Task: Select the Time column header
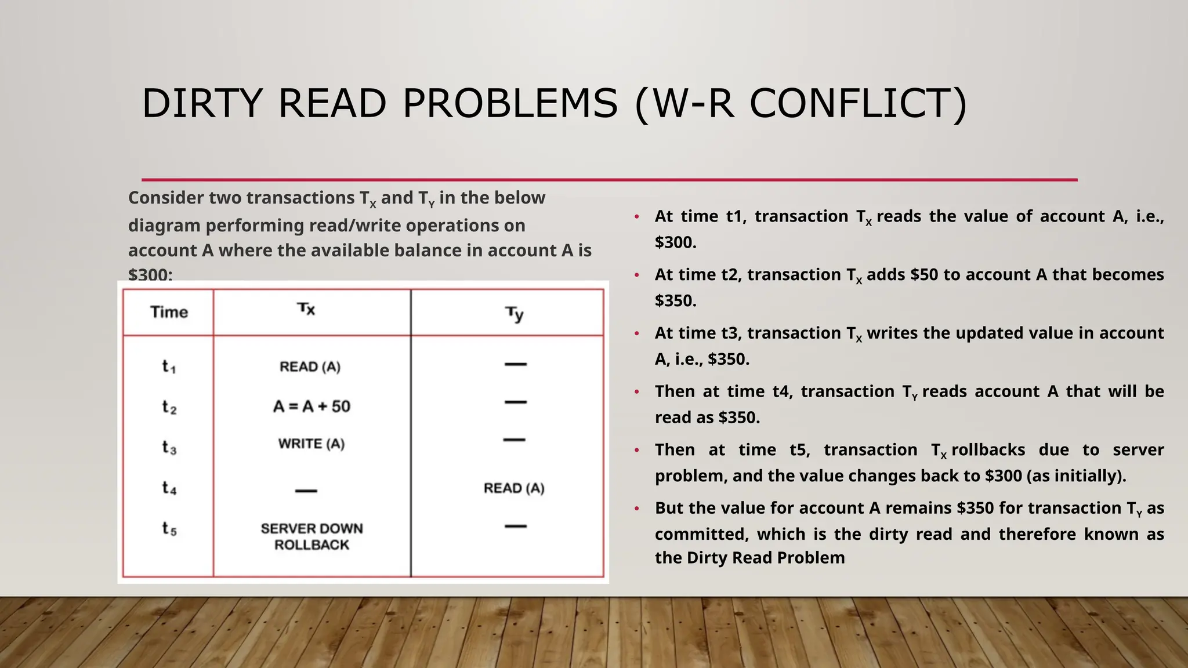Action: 169,312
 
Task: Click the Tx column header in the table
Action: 306,309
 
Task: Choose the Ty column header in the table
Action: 514,314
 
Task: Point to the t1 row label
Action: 169,366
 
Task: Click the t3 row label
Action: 169,447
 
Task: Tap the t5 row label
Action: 169,528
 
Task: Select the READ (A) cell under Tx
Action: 310,366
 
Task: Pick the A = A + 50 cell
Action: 312,406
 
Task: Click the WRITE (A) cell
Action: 312,444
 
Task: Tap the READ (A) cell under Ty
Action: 514,488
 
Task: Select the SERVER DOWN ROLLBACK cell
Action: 312,536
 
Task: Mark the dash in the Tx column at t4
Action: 306,491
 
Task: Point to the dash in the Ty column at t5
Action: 515,527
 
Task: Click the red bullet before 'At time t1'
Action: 636,217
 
